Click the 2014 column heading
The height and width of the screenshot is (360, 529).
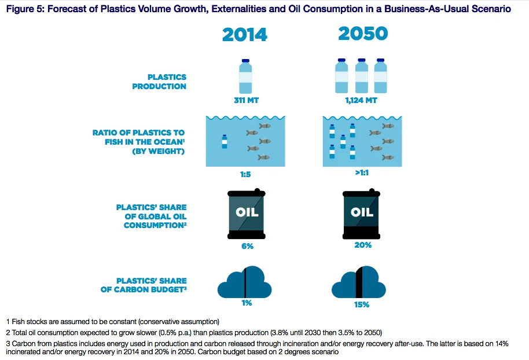(245, 35)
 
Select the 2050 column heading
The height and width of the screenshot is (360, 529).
(363, 34)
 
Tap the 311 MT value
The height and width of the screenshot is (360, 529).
(247, 100)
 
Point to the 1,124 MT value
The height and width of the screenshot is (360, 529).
(361, 100)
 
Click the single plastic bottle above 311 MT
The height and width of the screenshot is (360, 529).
(245, 76)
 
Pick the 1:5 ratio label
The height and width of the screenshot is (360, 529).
(245, 174)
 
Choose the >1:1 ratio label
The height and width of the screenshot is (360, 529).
(362, 172)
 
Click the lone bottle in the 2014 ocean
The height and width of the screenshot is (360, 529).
(225, 142)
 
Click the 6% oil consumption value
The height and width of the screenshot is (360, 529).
(247, 247)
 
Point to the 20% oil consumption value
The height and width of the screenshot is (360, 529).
(363, 245)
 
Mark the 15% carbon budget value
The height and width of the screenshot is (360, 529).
(362, 304)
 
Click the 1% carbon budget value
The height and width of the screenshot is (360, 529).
(247, 303)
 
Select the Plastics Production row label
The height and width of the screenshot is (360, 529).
(159, 82)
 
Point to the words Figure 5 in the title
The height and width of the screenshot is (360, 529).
(25, 9)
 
